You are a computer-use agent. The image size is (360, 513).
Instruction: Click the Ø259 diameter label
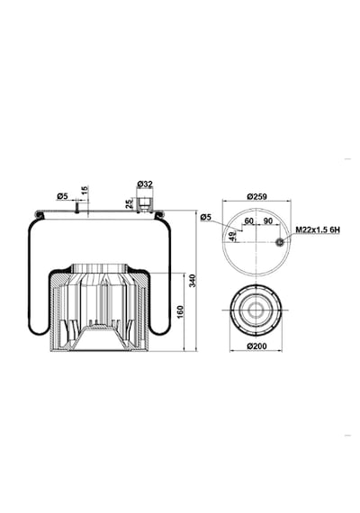[x=256, y=196]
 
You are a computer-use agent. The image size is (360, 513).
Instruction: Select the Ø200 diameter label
[x=256, y=346]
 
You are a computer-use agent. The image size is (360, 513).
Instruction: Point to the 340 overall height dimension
[x=193, y=281]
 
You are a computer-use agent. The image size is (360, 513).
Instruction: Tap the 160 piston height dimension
[x=180, y=311]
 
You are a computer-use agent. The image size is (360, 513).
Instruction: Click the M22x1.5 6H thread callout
[x=318, y=229]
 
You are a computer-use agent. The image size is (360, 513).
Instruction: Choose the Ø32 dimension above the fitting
[x=145, y=184]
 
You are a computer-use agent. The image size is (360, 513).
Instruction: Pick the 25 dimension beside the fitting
[x=130, y=203]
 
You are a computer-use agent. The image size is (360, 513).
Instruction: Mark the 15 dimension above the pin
[x=84, y=191]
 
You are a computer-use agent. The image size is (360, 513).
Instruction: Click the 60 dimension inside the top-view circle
[x=248, y=220]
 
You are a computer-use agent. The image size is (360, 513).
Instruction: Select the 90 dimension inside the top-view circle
[x=267, y=220]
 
